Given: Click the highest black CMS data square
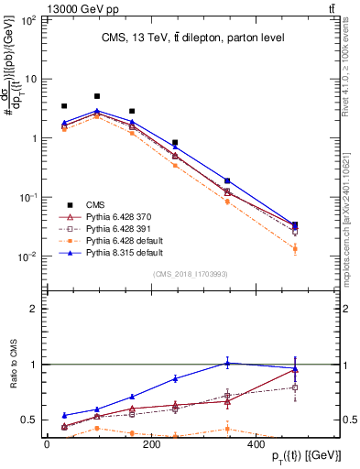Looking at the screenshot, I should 97,96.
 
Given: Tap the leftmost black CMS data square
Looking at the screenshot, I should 64,106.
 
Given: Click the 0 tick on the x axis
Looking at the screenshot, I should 48,443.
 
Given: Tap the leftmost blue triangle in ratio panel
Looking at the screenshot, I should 64,415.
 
